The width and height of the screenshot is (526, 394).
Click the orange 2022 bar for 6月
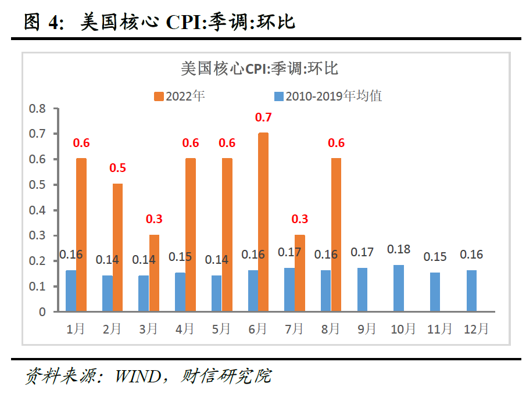coord(263,222)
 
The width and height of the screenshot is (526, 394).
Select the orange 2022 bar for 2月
coord(117,248)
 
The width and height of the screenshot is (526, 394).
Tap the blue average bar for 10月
coord(398,288)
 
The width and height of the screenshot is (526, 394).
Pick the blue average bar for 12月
coord(471,291)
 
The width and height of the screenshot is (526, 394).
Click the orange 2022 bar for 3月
coord(154,273)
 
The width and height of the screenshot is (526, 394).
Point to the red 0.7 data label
coord(263,117)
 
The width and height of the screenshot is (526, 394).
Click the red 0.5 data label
coord(118,169)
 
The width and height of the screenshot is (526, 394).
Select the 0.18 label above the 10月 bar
coord(399,249)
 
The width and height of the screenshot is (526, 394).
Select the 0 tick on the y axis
coord(42,312)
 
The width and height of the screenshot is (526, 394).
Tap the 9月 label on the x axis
coord(367,329)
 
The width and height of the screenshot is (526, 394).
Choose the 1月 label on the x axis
coord(76,329)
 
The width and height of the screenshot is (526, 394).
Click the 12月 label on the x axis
coord(476,329)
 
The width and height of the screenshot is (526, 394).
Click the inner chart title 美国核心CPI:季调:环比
coord(259,69)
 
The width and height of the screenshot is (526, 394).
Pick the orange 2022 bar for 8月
coord(336,235)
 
